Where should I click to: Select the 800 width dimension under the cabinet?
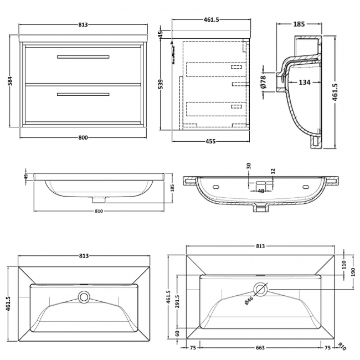point(83,138)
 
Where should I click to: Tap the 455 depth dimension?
point(210,141)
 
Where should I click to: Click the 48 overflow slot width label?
point(261,191)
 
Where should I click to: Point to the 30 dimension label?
point(249,166)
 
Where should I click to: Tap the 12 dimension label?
point(272,172)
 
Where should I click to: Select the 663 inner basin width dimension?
point(260,348)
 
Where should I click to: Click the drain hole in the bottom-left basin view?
point(84,297)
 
